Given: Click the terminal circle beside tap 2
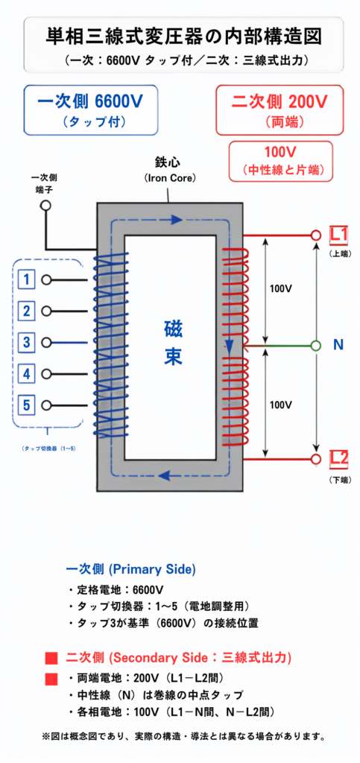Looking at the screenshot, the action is click(x=46, y=311).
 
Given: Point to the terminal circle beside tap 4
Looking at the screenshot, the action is click(x=46, y=374).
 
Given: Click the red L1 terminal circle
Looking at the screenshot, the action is click(x=316, y=235).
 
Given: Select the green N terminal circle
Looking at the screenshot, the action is click(x=316, y=346).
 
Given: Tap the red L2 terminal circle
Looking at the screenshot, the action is click(x=316, y=459).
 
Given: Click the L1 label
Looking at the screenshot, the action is click(x=338, y=235).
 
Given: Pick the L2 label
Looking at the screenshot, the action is click(x=338, y=458).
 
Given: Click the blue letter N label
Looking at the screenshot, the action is click(x=338, y=345).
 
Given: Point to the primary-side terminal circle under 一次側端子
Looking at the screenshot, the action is click(x=45, y=205).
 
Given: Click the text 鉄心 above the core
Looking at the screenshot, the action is click(x=168, y=162).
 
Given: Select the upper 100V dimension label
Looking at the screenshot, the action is click(x=281, y=288).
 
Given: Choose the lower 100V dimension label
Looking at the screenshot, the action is click(x=281, y=405).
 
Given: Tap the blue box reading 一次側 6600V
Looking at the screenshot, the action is click(x=91, y=110).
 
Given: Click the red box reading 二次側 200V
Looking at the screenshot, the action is click(x=280, y=110).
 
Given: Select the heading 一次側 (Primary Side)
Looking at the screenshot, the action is click(x=130, y=569).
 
